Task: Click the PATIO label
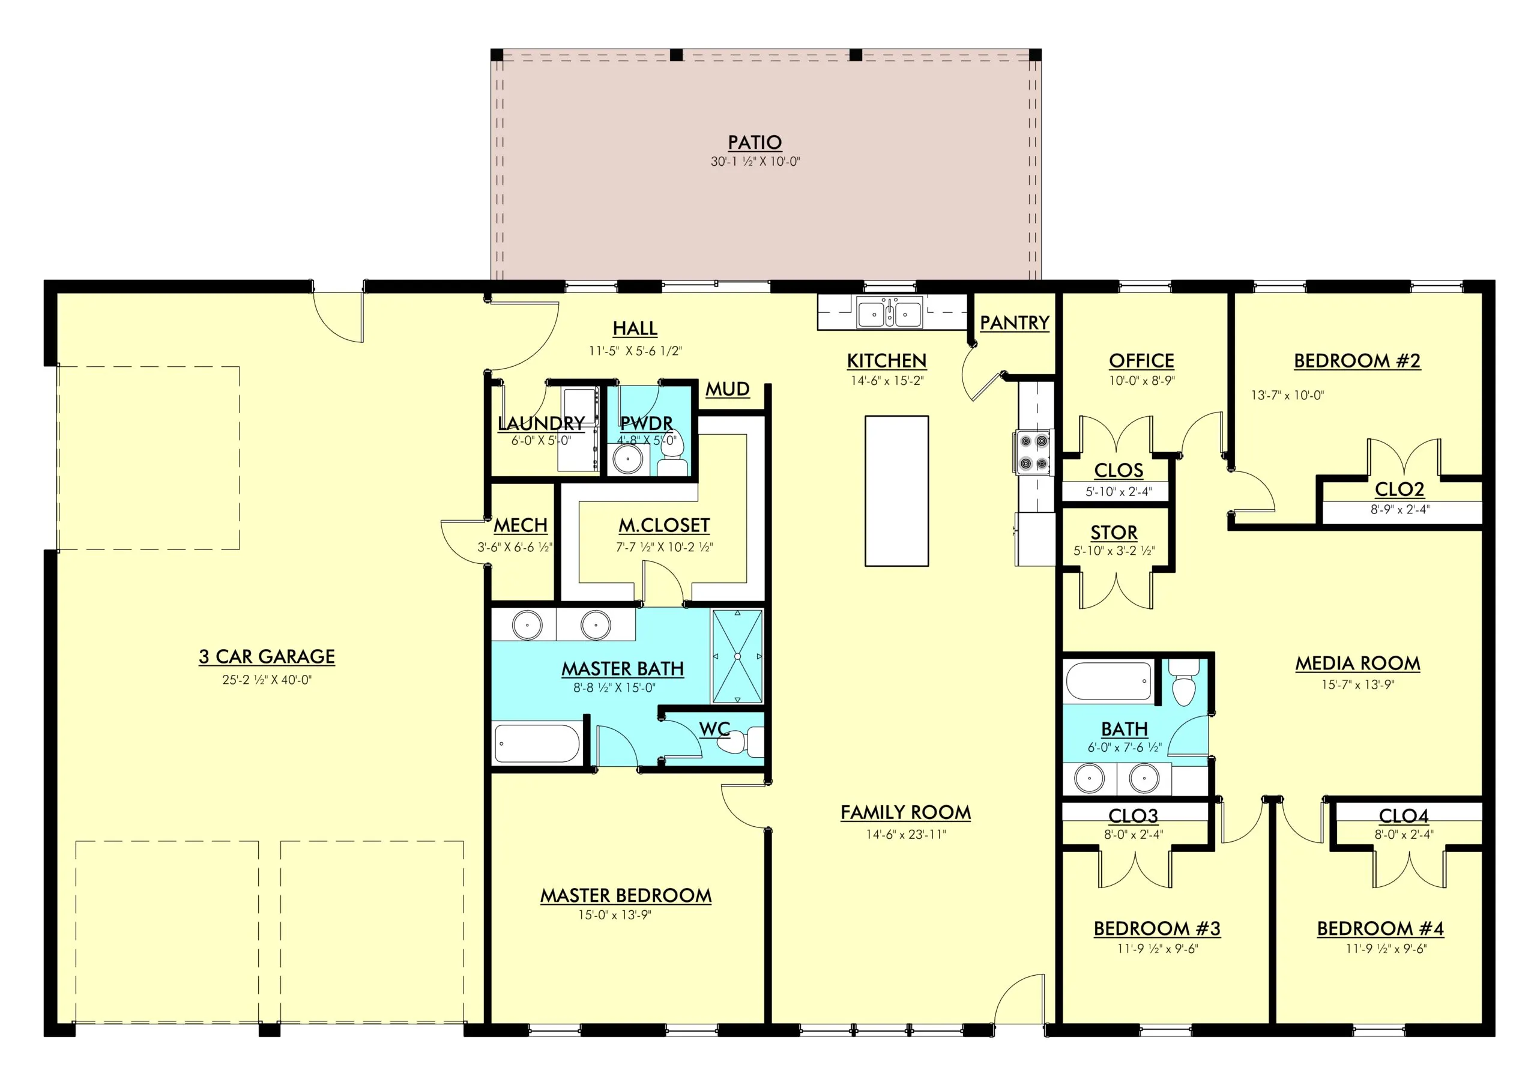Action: (x=755, y=142)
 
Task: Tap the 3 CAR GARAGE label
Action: (x=267, y=657)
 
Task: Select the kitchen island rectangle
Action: (x=896, y=491)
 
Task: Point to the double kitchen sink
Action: (x=889, y=313)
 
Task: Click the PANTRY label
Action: (x=1014, y=322)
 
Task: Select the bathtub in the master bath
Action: (x=537, y=742)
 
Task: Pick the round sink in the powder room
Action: (x=628, y=459)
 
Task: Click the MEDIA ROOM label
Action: (x=1357, y=663)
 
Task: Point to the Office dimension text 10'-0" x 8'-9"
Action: (x=1141, y=380)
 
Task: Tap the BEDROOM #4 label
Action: (x=1380, y=928)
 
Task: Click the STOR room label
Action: (x=1114, y=533)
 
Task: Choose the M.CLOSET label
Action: (x=664, y=525)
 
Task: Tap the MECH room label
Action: (x=521, y=525)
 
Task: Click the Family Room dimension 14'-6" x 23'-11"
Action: (x=906, y=834)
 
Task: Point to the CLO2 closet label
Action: (x=1399, y=489)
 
